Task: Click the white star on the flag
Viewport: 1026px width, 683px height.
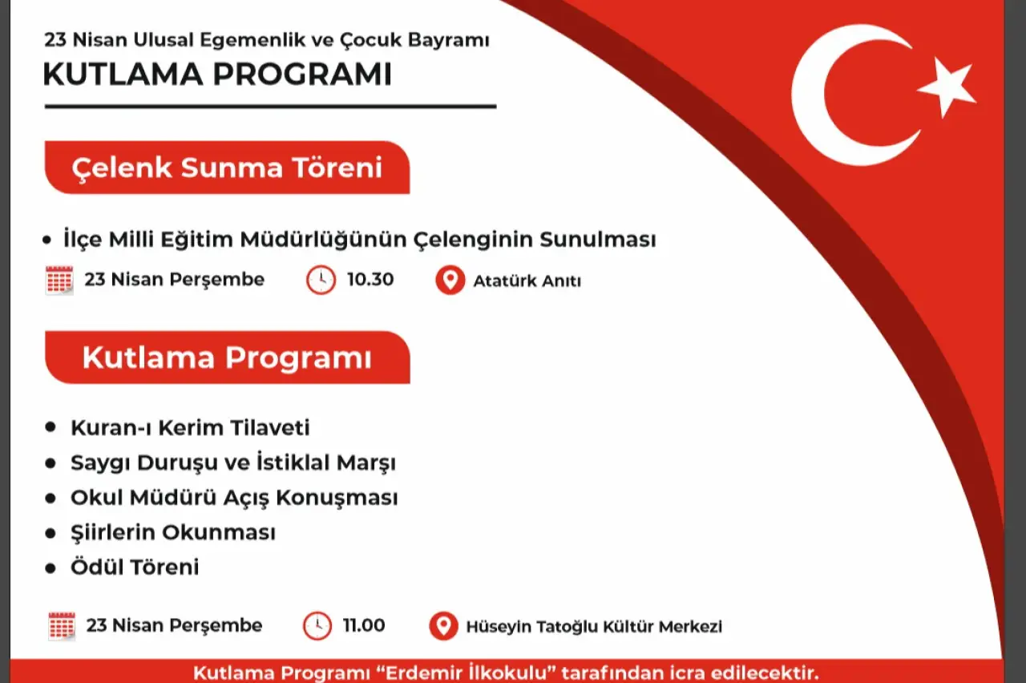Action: coord(947,87)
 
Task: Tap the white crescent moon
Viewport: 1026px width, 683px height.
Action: coord(834,96)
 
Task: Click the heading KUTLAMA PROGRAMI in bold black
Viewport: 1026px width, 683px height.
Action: coord(217,75)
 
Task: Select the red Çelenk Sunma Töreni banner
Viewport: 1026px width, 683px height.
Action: coord(227,168)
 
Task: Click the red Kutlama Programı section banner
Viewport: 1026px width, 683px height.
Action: coord(227,358)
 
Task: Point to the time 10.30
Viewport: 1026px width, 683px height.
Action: coord(370,280)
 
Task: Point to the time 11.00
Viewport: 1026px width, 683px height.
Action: coord(364,625)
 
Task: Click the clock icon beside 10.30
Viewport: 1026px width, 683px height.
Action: coord(321,280)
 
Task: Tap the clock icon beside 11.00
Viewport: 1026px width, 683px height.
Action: coord(317,625)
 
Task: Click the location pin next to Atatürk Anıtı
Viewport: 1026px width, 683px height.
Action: coord(450,281)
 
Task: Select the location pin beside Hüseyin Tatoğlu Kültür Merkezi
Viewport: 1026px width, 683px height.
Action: coord(443,626)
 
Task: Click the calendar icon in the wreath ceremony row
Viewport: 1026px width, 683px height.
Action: coord(60,281)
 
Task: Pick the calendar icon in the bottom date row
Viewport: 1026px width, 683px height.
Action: coord(62,626)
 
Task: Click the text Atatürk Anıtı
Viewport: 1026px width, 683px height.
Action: coord(527,281)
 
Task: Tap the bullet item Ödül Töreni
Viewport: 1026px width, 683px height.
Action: coord(135,568)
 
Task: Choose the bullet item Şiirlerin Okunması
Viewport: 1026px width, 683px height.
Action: coord(173,532)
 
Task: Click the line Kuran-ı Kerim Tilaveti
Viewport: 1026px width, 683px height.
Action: coord(190,428)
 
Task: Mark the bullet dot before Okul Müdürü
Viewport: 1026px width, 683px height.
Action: coord(51,498)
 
